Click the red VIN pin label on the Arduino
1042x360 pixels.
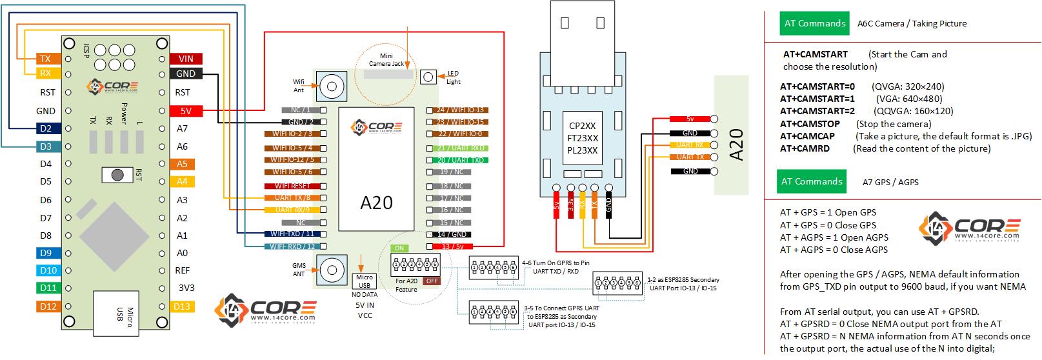point(185,59)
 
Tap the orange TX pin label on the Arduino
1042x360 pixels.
point(45,59)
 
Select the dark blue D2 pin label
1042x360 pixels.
point(45,129)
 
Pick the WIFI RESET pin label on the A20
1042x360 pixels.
point(291,186)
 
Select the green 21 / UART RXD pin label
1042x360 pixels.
point(460,148)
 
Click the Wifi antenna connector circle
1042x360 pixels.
point(332,86)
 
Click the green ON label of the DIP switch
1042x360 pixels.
point(399,248)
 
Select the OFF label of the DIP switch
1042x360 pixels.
point(431,281)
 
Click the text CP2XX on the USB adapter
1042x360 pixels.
point(583,126)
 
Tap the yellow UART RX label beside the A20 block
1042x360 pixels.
point(690,145)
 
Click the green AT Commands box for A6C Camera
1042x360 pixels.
point(814,23)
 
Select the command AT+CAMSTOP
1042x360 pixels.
point(810,124)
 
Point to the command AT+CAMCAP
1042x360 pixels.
point(807,136)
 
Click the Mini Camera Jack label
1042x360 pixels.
point(386,60)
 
